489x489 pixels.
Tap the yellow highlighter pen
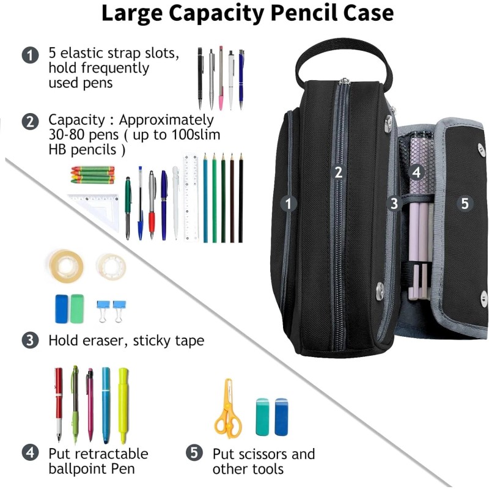pyautogui.click(x=123, y=403)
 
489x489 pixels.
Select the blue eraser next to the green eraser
pyautogui.click(x=63, y=309)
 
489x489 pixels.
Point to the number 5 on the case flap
pyautogui.click(x=465, y=204)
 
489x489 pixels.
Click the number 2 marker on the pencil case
pyautogui.click(x=338, y=172)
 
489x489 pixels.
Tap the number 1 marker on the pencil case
pyautogui.click(x=289, y=204)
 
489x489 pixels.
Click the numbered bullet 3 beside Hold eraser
pyautogui.click(x=29, y=340)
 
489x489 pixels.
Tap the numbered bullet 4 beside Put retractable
pyautogui.click(x=29, y=454)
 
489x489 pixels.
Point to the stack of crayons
pyautogui.click(x=92, y=174)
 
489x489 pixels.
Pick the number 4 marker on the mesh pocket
pyautogui.click(x=416, y=172)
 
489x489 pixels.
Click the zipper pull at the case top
pyautogui.click(x=345, y=82)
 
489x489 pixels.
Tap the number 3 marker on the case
pyautogui.click(x=394, y=202)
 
